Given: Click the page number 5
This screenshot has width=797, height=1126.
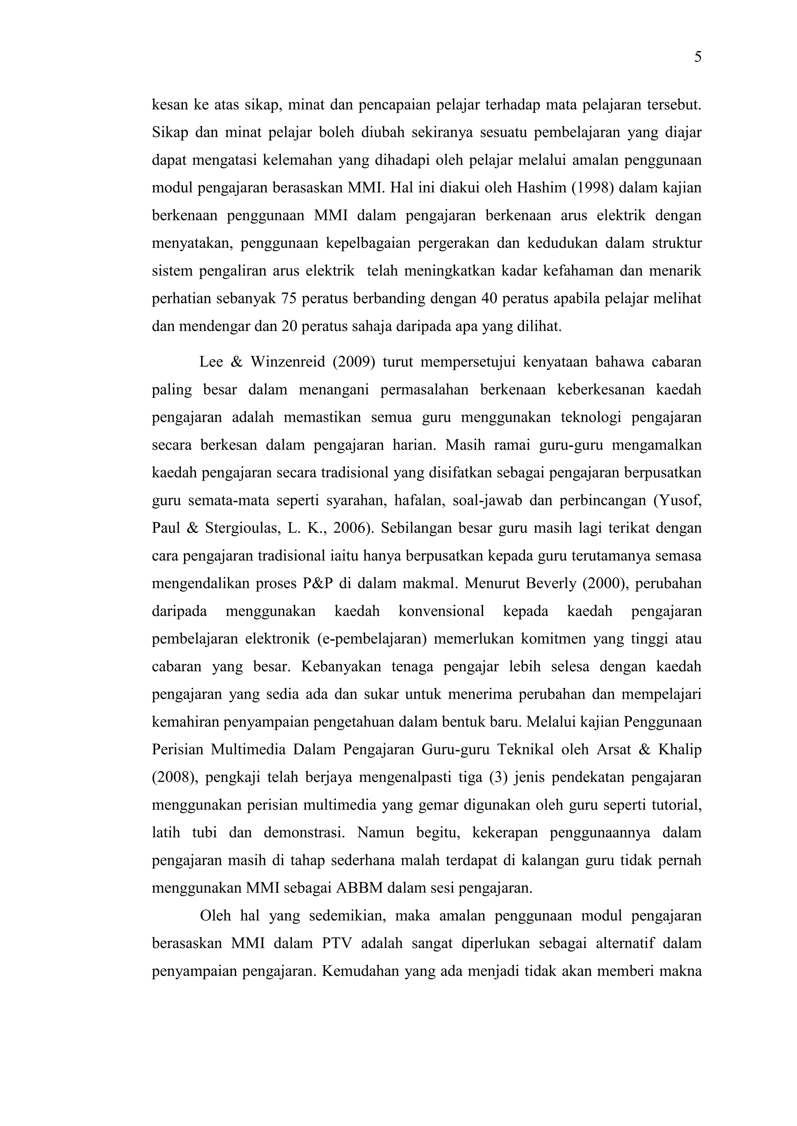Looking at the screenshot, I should coord(697,58).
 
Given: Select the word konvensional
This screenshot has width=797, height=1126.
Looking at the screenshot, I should coord(441,612).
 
